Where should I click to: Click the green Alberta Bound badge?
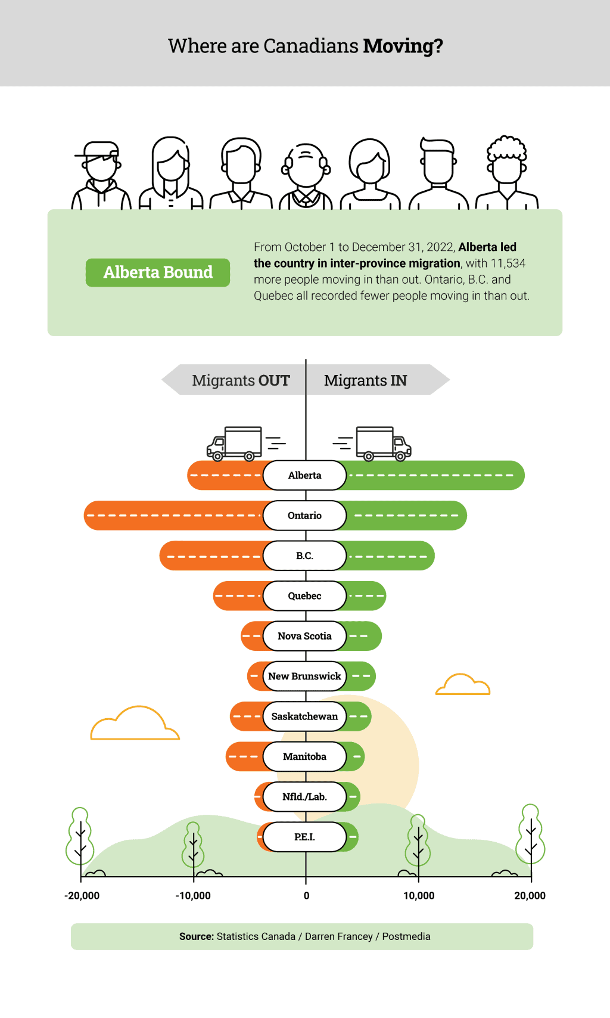coord(158,272)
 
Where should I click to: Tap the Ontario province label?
coord(305,516)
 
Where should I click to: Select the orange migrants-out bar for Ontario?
coord(173,516)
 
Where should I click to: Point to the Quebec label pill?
coord(305,596)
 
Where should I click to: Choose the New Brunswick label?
coord(305,676)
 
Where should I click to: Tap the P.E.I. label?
coord(305,837)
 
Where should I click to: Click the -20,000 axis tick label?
coord(82,896)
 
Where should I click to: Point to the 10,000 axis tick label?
coord(419,896)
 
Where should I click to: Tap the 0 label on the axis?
coord(307,896)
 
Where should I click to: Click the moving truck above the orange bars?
coord(234,443)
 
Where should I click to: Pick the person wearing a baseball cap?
coord(101,176)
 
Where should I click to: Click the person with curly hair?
coord(507,173)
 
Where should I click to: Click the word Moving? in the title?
coord(403,46)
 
